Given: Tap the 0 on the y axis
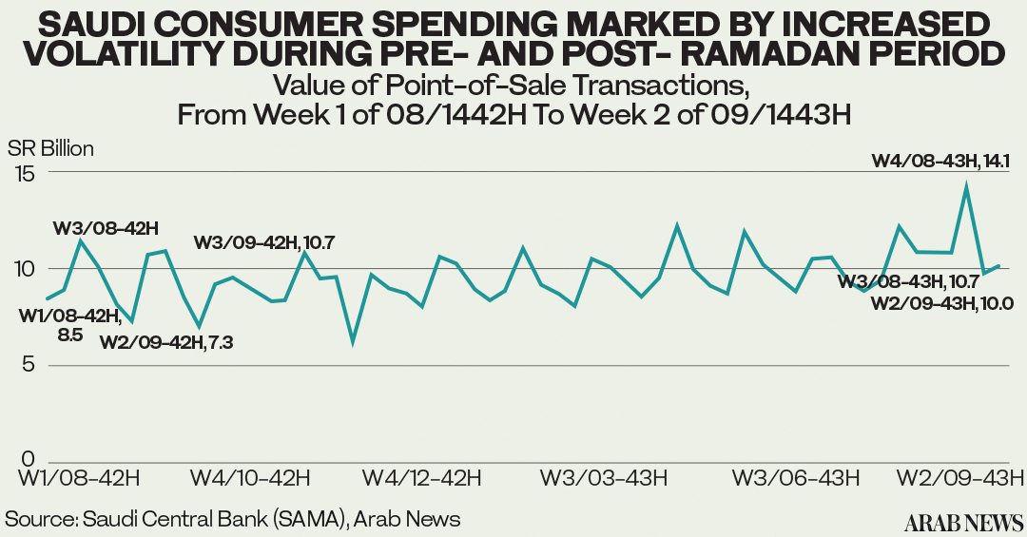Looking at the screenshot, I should click(x=29, y=460).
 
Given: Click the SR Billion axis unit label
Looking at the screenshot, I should click(x=50, y=148).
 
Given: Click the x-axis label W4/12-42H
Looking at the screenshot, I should click(x=422, y=476).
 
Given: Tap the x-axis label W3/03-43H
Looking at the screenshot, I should click(x=603, y=476).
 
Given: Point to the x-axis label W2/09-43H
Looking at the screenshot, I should click(x=960, y=476).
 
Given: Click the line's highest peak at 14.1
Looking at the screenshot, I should click(x=966, y=187).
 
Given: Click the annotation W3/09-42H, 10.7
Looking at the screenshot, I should click(x=263, y=241).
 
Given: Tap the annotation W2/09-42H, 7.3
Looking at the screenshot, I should click(x=167, y=342).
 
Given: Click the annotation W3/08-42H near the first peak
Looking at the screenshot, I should click(x=105, y=227).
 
